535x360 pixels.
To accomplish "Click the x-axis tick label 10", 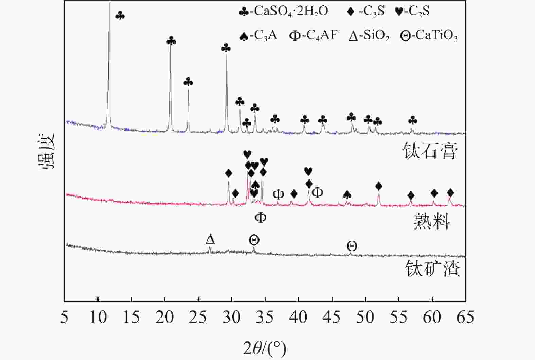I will [98, 317].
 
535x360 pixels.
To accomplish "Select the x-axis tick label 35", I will [265, 317].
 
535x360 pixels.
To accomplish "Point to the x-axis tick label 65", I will [465, 317].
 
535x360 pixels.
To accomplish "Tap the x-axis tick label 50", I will [365, 317].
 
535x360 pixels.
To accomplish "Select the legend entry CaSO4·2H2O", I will [284, 11].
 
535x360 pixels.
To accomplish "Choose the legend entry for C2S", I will [412, 11].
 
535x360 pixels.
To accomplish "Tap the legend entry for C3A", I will [258, 35].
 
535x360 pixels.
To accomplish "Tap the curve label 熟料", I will [432, 222].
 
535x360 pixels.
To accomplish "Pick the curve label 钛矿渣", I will [432, 269].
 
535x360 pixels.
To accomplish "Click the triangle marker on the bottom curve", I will [210, 239].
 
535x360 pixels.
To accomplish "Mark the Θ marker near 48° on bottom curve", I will [352, 246].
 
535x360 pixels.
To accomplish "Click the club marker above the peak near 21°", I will [171, 41].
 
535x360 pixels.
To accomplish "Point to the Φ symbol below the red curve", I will [261, 217].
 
